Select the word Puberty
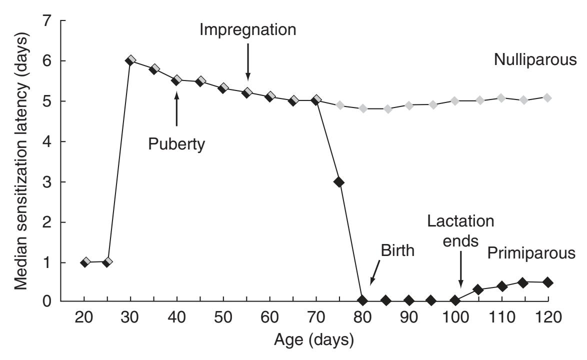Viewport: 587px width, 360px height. pos(176,144)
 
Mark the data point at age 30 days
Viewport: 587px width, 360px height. pos(130,60)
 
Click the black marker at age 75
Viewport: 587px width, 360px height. pos(339,182)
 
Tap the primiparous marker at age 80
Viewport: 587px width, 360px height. pos(362,300)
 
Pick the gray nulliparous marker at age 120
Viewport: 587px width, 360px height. pos(547,97)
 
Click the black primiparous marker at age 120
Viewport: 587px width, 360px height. pos(547,282)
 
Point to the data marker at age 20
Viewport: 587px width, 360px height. pos(85,262)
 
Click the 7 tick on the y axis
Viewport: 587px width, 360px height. pos(48,21)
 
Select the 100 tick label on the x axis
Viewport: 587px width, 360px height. pos(455,318)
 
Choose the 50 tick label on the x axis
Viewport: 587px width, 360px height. pos(223,318)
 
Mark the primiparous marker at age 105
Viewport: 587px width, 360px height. pos(478,290)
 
